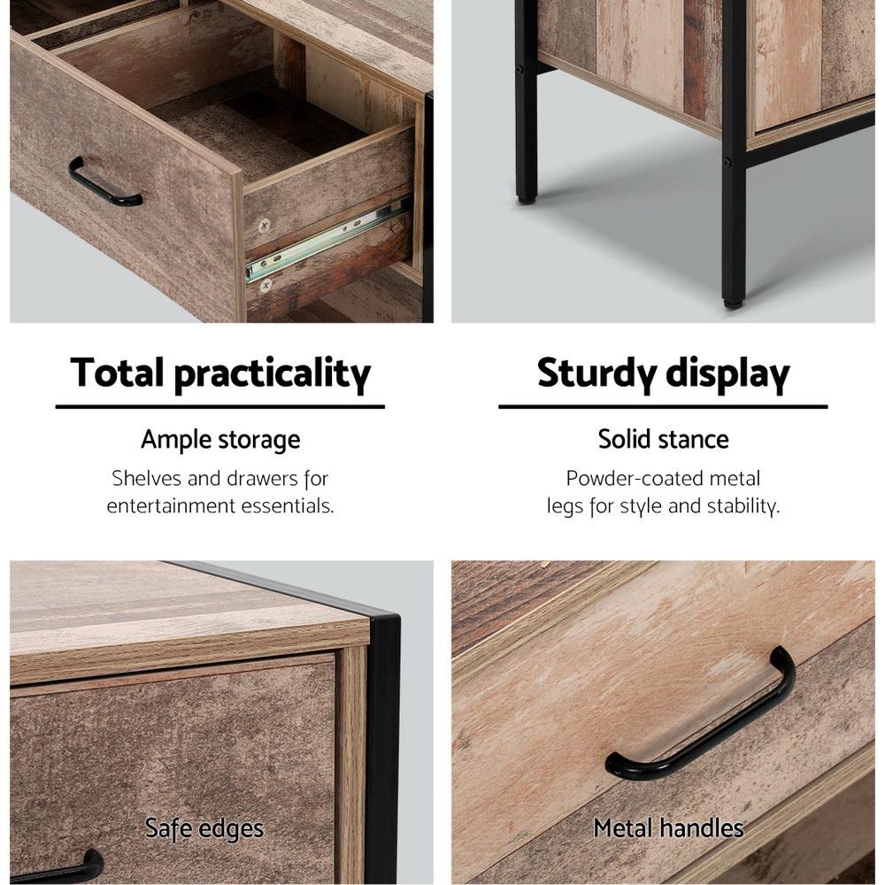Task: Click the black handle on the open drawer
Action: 104,185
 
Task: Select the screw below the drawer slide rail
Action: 265,285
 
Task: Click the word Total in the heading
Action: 118,373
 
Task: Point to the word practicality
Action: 272,374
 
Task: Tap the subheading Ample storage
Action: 220,439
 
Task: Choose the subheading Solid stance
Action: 663,439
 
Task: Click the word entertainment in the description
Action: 173,506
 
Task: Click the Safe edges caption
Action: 204,828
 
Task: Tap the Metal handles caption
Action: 668,828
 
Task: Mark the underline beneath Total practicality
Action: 220,407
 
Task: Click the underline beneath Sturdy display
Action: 663,407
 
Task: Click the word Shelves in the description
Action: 147,479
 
